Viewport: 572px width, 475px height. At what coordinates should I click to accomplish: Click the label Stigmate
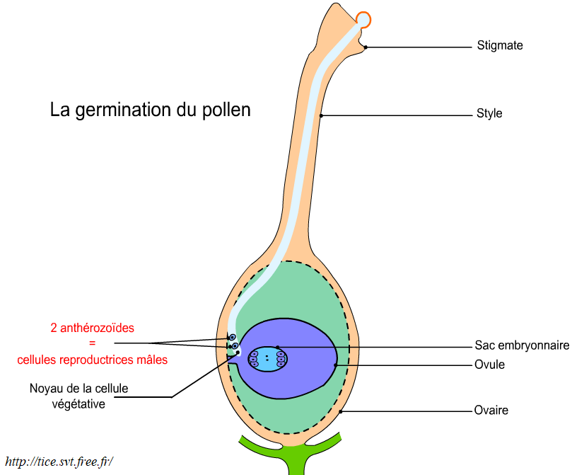[x=499, y=46]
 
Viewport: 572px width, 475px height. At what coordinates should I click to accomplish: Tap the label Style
[x=489, y=113]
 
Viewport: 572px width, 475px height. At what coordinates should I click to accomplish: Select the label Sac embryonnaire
[x=523, y=346]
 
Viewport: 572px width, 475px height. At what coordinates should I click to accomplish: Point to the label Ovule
[x=490, y=365]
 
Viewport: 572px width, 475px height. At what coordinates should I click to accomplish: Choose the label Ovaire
[x=491, y=411]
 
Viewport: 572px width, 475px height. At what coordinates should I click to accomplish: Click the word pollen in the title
[x=228, y=111]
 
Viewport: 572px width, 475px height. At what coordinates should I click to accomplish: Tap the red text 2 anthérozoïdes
[x=92, y=328]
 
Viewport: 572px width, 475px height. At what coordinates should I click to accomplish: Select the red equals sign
[x=92, y=344]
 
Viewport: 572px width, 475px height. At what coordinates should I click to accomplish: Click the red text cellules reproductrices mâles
[x=92, y=360]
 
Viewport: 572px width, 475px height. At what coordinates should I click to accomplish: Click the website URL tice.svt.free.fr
[x=59, y=462]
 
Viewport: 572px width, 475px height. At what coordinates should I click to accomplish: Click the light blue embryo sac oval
[x=267, y=360]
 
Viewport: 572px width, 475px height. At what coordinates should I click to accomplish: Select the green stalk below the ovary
[x=296, y=457]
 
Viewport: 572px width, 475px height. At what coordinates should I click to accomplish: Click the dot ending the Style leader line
[x=322, y=115]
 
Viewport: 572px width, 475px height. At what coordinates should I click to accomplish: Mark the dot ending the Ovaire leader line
[x=341, y=411]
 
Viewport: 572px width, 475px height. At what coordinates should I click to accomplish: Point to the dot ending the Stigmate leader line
[x=366, y=47]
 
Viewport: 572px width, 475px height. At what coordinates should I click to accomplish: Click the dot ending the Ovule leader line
[x=336, y=365]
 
